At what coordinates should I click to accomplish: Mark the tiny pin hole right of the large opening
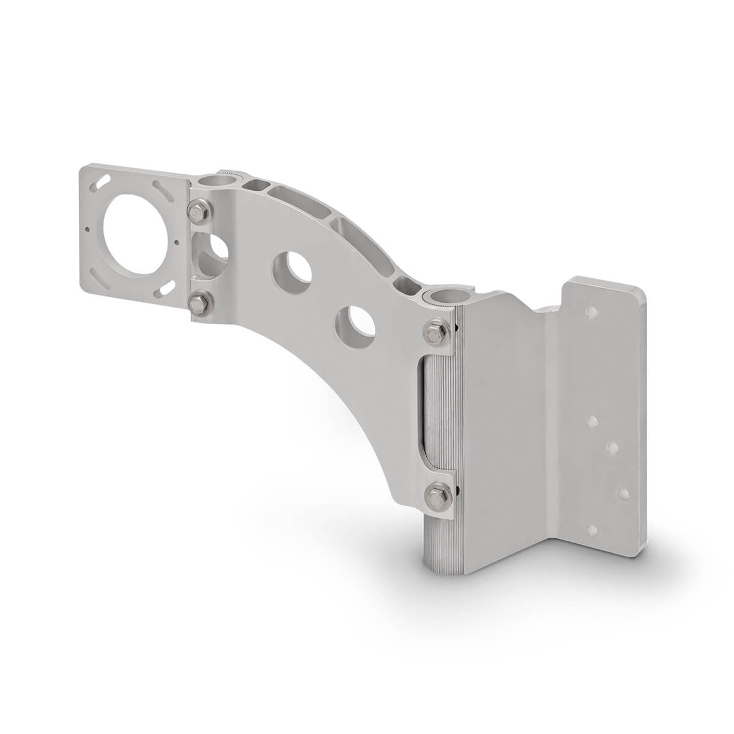pos(177,241)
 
